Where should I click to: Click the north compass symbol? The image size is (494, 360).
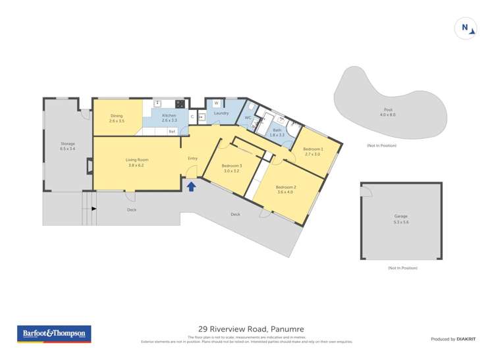pyautogui.click(x=466, y=28)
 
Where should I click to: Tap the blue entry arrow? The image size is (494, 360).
pyautogui.click(x=191, y=187)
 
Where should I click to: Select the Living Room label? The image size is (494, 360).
pyautogui.click(x=137, y=160)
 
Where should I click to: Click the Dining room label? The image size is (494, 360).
pyautogui.click(x=117, y=116)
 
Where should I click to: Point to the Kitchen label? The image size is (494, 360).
pyautogui.click(x=169, y=116)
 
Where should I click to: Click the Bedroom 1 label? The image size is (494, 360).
pyautogui.click(x=312, y=149)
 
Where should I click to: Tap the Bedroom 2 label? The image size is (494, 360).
pyautogui.click(x=285, y=188)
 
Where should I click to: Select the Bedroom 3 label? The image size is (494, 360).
pyautogui.click(x=232, y=165)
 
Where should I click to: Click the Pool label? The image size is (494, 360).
pyautogui.click(x=387, y=110)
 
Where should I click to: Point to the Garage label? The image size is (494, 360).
pyautogui.click(x=400, y=216)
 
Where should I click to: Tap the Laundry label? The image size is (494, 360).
pyautogui.click(x=221, y=113)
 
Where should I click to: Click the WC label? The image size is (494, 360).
pyautogui.click(x=248, y=118)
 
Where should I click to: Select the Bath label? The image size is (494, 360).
pyautogui.click(x=277, y=130)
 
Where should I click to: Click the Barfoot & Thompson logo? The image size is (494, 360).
pyautogui.click(x=54, y=334)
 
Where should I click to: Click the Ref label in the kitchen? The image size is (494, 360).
pyautogui.click(x=172, y=132)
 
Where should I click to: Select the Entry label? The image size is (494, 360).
pyautogui.click(x=193, y=159)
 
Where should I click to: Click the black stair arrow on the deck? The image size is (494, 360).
pyautogui.click(x=94, y=209)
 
